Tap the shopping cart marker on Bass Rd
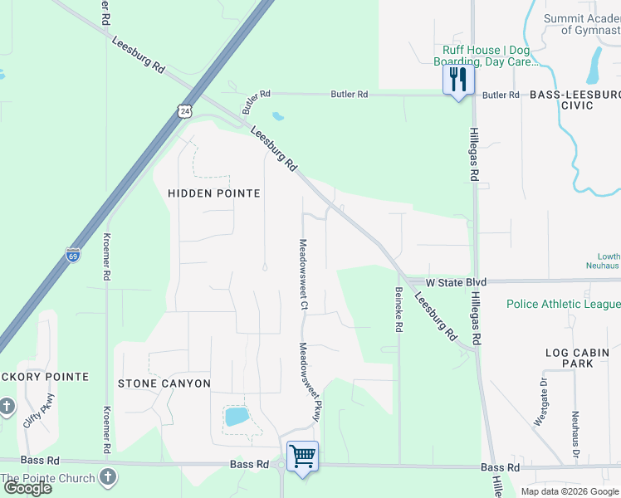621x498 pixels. click(302, 456)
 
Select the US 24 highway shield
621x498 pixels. click(184, 110)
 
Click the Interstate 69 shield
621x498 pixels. click(73, 255)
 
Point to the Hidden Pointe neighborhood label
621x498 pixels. click(214, 193)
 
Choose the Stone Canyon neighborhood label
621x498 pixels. click(164, 383)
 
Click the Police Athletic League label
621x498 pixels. click(563, 304)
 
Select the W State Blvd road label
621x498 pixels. click(444, 282)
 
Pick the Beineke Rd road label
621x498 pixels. click(399, 310)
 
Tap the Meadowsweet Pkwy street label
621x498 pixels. click(310, 381)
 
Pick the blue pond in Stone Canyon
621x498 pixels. click(236, 416)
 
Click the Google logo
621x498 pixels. click(27, 488)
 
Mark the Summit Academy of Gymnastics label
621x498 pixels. click(582, 24)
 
